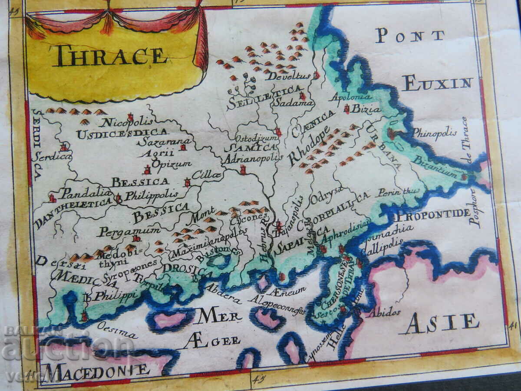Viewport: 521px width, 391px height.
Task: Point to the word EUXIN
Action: [437, 83]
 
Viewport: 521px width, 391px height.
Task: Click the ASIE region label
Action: [442, 322]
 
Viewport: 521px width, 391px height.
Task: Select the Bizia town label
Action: [366, 109]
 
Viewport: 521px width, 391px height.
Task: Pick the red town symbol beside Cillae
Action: [188, 182]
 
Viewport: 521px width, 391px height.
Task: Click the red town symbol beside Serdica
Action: [64, 147]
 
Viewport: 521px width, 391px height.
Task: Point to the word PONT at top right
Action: [410, 36]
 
